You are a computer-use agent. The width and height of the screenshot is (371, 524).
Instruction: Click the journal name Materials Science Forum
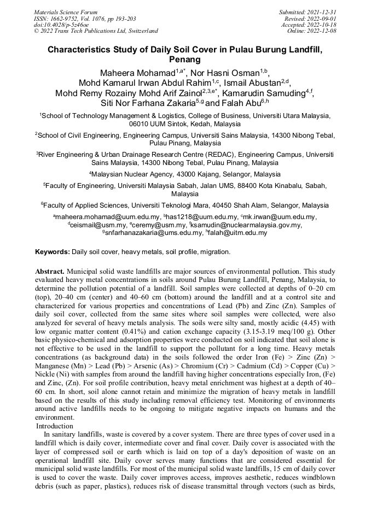[66, 11]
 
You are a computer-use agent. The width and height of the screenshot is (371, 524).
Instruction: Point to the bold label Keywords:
[53, 252]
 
